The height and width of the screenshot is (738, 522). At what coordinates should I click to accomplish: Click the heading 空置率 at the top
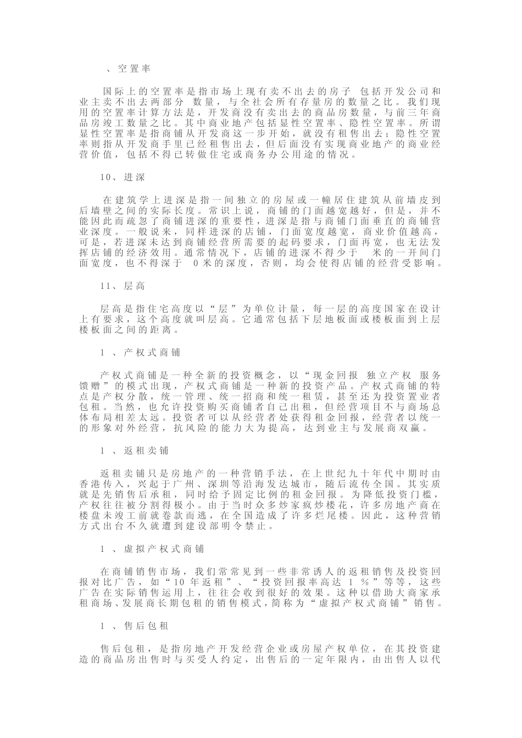[134, 69]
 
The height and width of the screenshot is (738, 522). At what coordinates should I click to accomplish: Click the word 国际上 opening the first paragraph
[116, 91]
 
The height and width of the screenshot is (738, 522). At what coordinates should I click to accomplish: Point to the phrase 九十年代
[360, 473]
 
